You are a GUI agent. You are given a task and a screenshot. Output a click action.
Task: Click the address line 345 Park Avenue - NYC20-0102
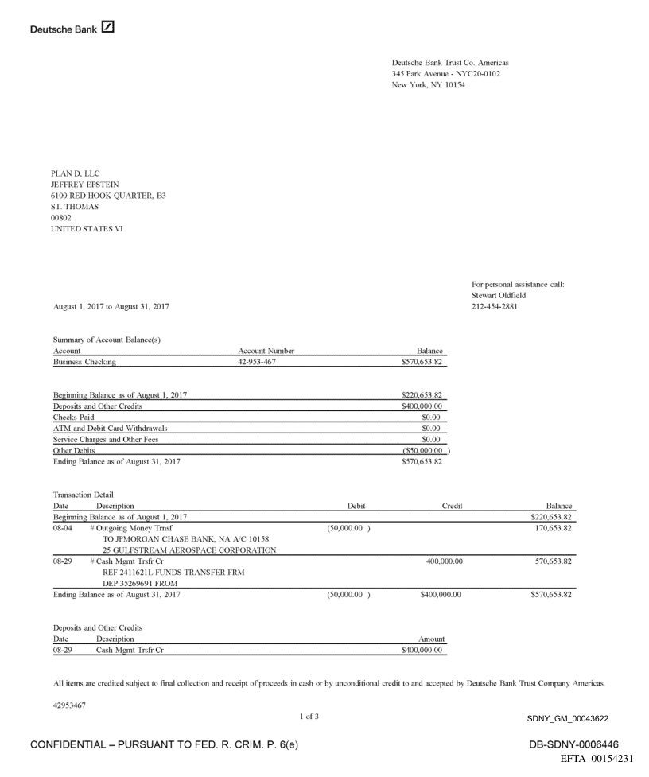[446, 74]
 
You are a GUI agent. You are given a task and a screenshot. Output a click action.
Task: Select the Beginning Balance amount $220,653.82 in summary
[422, 395]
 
